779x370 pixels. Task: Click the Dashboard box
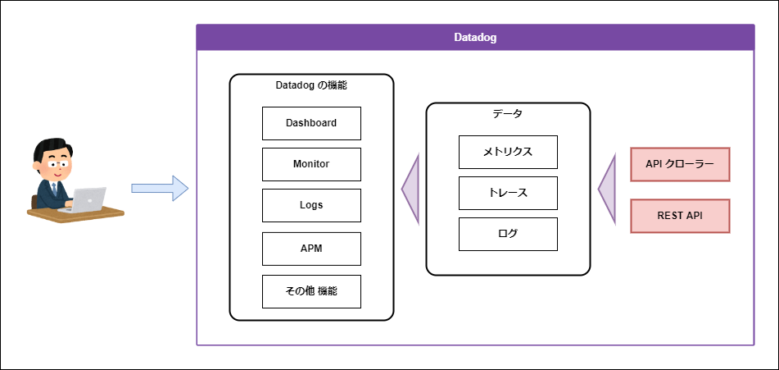point(311,123)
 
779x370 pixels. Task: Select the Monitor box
point(311,164)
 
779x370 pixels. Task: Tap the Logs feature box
point(311,205)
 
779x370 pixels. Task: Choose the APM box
point(311,249)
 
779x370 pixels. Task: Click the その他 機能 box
point(311,291)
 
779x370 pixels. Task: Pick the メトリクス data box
point(508,152)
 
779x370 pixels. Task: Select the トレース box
point(508,193)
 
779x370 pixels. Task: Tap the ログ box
point(508,234)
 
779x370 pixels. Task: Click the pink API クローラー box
point(680,164)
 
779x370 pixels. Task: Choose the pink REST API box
point(680,216)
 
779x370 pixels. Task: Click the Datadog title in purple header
point(475,38)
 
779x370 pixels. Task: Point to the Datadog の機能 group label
point(311,85)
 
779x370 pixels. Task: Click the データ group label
point(508,114)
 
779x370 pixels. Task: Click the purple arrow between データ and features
point(411,189)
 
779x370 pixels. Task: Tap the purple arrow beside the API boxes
point(607,189)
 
